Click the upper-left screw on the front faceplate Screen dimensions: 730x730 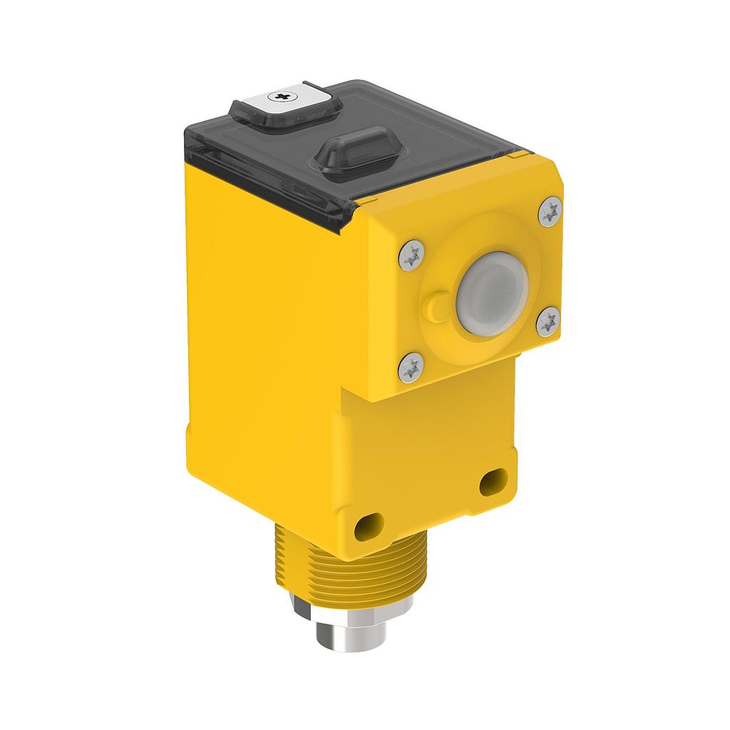[x=413, y=255]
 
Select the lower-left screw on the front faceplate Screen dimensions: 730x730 [x=411, y=368]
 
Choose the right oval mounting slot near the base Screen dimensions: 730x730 [x=493, y=483]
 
